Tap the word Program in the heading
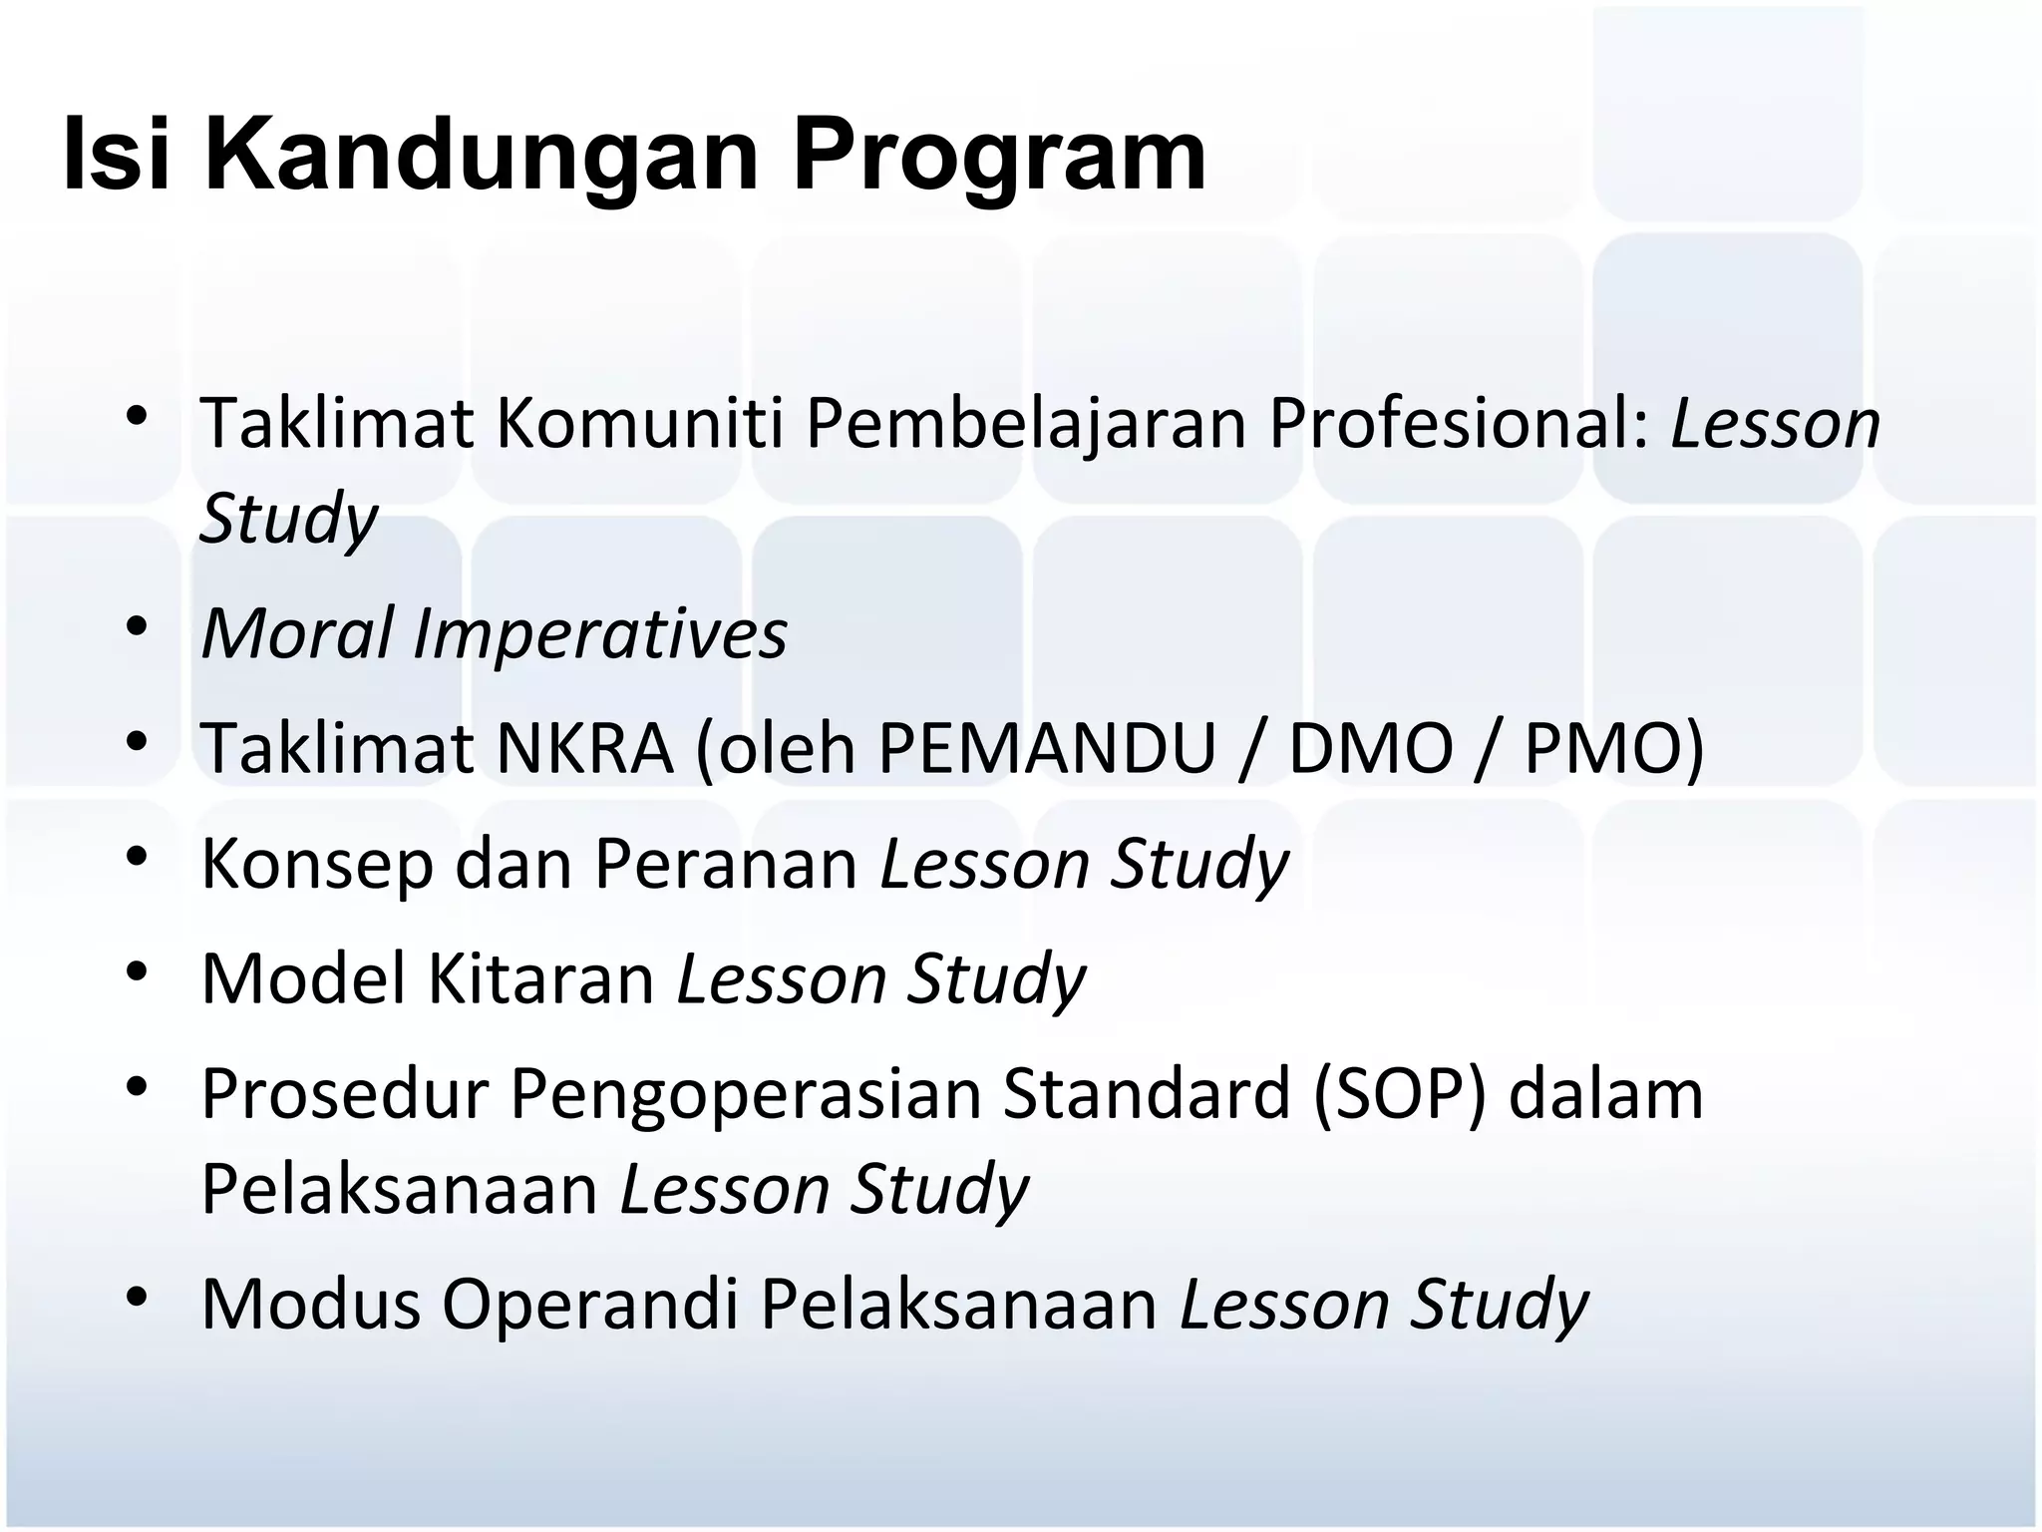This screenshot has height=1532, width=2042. pos(999,158)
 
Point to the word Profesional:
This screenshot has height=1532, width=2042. pos(1459,424)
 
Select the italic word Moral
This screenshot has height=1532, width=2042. pos(298,634)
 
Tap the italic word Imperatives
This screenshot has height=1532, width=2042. pos(600,634)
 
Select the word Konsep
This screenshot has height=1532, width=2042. pos(317,864)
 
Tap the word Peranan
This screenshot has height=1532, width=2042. pos(726,864)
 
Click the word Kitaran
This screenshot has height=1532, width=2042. pos(541,978)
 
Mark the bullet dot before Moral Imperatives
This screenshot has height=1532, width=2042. pos(137,627)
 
